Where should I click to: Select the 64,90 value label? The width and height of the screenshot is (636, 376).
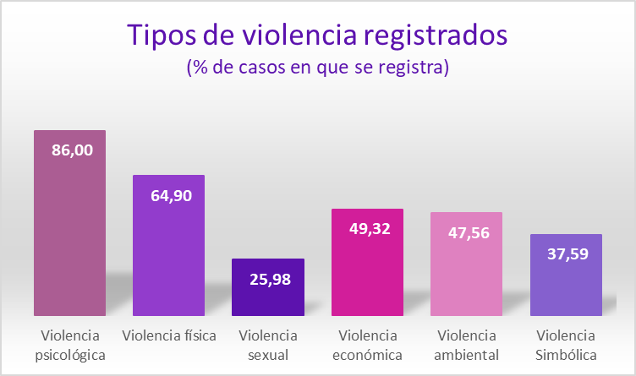click(171, 196)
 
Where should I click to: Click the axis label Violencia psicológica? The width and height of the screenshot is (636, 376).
click(70, 345)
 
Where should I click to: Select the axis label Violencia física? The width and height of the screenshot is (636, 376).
click(169, 335)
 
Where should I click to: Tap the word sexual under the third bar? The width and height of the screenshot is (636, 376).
click(268, 355)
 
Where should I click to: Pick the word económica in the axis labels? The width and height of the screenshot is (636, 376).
click(367, 355)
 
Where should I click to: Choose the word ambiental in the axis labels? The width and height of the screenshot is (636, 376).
click(466, 355)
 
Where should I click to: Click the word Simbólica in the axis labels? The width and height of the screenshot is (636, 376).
click(566, 355)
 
